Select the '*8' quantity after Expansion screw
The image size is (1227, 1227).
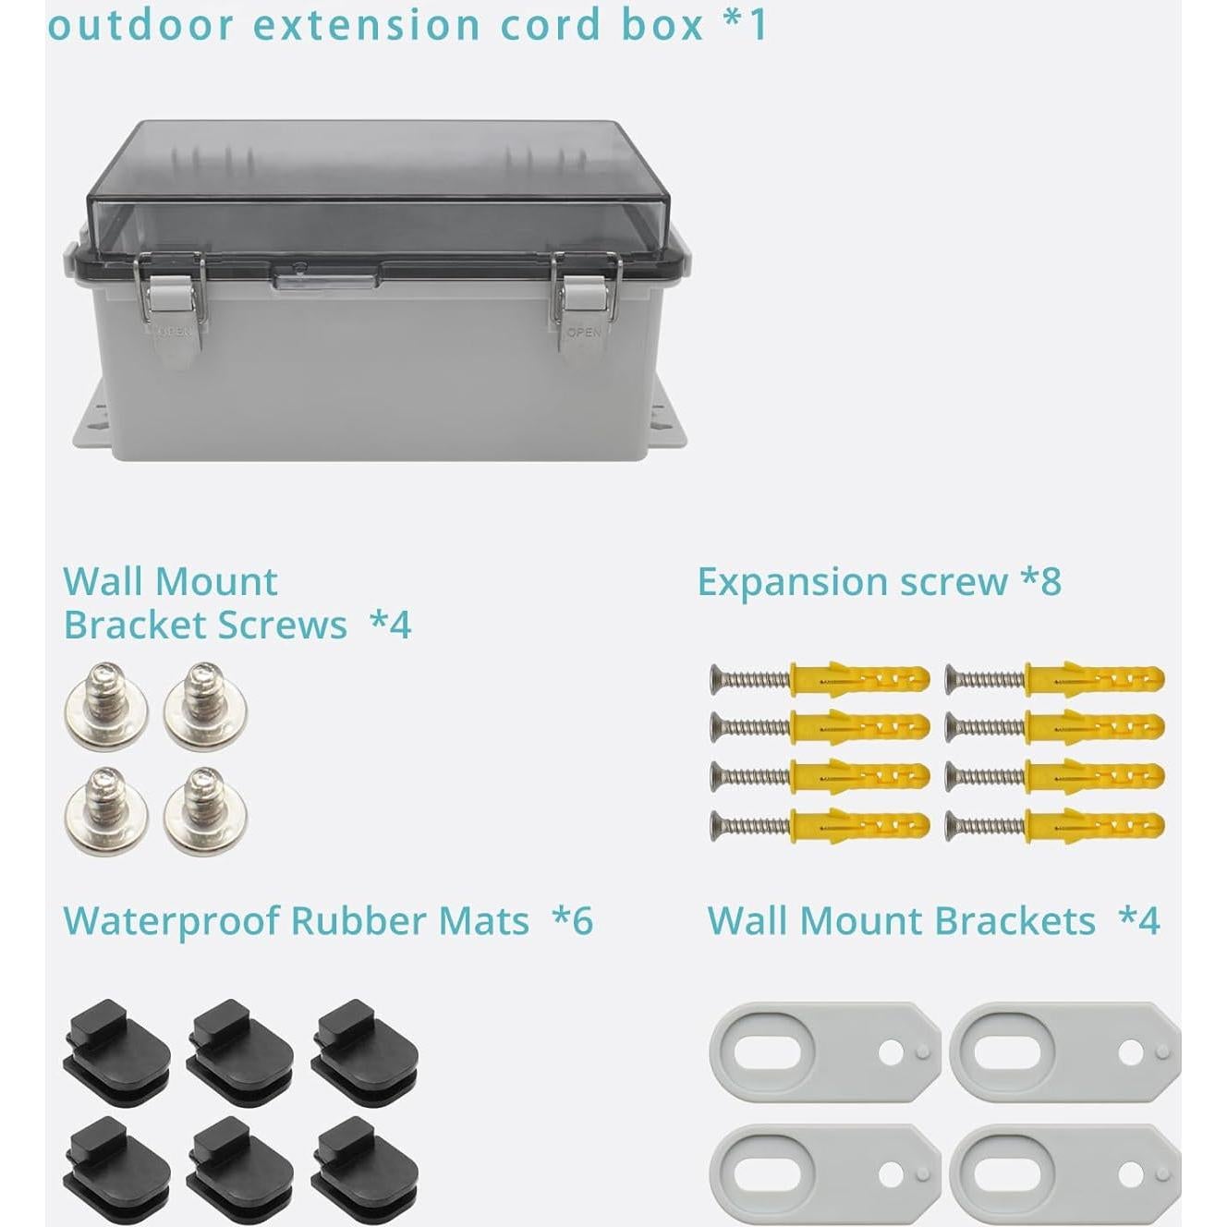tap(1041, 582)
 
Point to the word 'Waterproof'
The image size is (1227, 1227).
tap(171, 921)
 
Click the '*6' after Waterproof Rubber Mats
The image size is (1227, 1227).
tap(573, 921)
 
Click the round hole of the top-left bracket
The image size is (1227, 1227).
tap(891, 1052)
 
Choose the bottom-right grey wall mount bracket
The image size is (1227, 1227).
tap(1064, 1173)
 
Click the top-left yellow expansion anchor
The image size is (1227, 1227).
tap(859, 679)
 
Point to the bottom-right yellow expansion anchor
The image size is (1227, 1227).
tap(1095, 824)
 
